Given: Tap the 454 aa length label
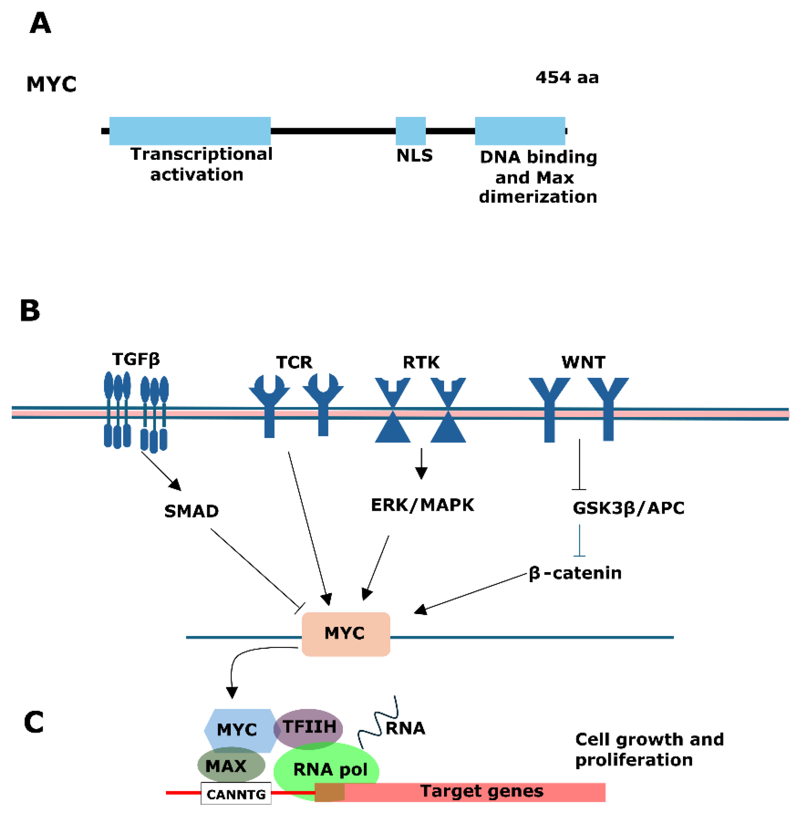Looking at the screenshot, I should tap(567, 77).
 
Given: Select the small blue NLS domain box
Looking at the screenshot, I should tap(410, 131).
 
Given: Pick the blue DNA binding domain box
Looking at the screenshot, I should tap(520, 131).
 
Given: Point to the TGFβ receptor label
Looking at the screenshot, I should tap(136, 359).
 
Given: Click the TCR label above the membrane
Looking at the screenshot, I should tap(294, 362).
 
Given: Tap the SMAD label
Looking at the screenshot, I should tap(191, 511).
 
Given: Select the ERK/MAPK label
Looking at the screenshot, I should tap(422, 505).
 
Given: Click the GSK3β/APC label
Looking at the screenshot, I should tap(628, 508).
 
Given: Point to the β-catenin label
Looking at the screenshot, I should tap(575, 573).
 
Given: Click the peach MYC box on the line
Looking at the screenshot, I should tap(346, 634).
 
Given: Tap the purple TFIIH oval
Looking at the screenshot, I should tap(309, 728).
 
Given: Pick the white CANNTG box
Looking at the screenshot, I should tap(236, 793).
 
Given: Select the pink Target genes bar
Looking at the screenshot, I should tap(481, 792).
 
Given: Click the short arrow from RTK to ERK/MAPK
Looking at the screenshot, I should tap(421, 463).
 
